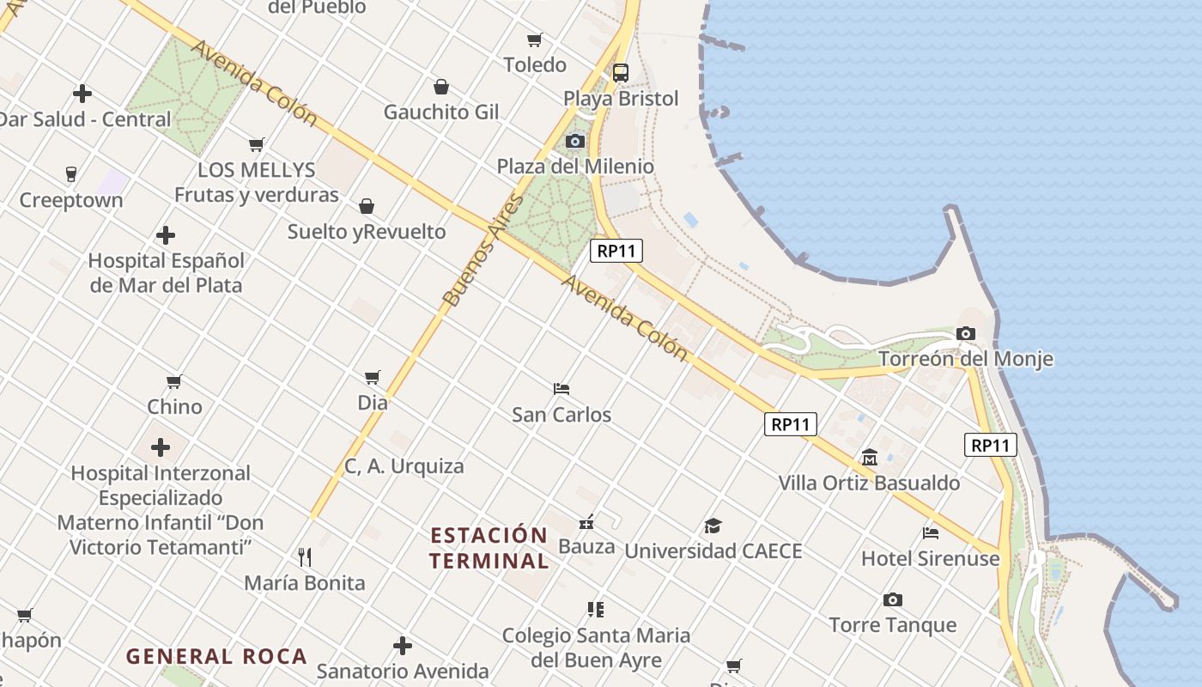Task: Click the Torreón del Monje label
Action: (x=965, y=359)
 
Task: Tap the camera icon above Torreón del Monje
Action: (x=965, y=333)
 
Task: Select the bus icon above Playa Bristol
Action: (x=620, y=73)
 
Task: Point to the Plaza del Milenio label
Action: (x=575, y=167)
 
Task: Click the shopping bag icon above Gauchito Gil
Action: (x=440, y=87)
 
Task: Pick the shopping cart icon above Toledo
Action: (x=534, y=40)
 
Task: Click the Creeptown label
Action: (x=71, y=200)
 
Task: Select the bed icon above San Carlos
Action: (x=562, y=389)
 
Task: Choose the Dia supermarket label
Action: (x=373, y=402)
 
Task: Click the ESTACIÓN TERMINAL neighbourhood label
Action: (x=489, y=548)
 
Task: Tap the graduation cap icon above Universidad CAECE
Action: (x=713, y=526)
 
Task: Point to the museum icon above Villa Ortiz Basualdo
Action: (x=869, y=457)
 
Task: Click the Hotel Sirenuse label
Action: (x=931, y=558)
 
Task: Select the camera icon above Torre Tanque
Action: (x=893, y=599)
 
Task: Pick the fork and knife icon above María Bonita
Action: (x=304, y=557)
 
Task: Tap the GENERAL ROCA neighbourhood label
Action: (x=216, y=657)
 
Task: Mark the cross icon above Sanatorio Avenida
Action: (x=402, y=646)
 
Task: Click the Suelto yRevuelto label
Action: (x=367, y=232)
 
